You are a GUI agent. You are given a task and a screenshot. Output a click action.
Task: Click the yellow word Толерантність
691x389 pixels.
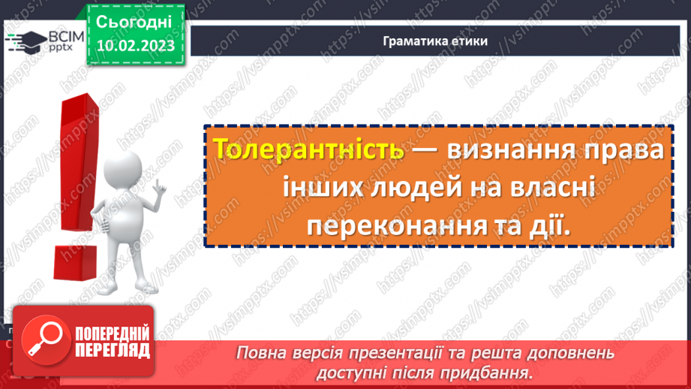[x=309, y=149]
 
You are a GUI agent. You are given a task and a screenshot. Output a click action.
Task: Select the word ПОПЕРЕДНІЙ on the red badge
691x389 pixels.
[x=112, y=333]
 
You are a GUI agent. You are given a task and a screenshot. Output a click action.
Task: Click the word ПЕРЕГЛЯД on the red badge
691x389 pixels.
[x=112, y=351]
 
